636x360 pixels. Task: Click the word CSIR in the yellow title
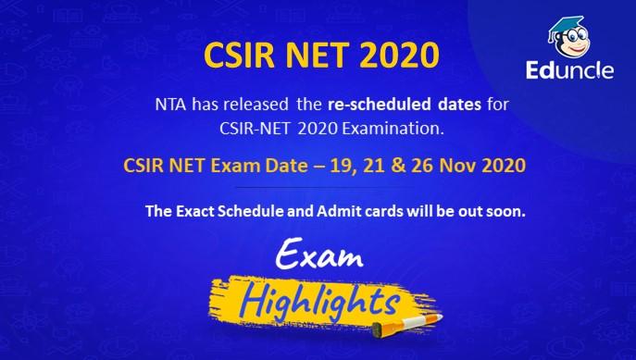tap(232, 55)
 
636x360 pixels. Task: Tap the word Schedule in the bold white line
tap(262, 211)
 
